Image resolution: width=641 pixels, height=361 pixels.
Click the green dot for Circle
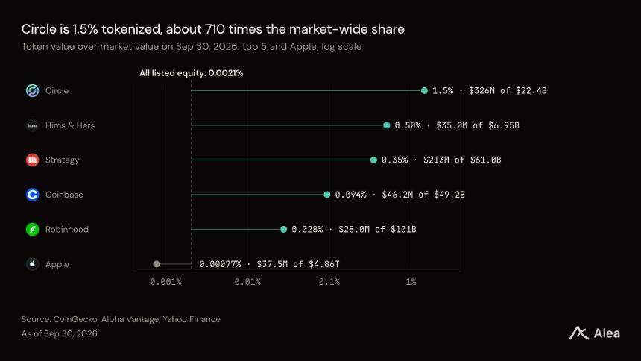(x=424, y=90)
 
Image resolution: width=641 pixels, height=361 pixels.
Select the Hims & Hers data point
(x=387, y=125)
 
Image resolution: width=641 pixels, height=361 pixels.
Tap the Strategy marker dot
(x=373, y=160)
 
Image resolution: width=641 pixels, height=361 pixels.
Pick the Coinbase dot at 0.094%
(x=327, y=195)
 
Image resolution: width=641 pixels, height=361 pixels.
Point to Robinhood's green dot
(x=284, y=229)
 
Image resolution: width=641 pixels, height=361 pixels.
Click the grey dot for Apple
(x=157, y=264)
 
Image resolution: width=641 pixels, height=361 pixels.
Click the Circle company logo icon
(x=32, y=90)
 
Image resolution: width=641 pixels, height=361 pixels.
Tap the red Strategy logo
(x=32, y=160)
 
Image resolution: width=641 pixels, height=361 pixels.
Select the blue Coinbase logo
(x=32, y=195)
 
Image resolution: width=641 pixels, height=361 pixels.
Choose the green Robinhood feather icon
(x=32, y=229)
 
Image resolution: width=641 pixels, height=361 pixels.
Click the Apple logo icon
(x=32, y=264)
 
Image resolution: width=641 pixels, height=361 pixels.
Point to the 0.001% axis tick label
(x=165, y=282)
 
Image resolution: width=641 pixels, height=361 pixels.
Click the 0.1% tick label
(x=329, y=282)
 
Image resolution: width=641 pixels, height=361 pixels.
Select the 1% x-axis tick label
(x=411, y=282)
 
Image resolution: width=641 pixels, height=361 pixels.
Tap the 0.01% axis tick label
(x=247, y=282)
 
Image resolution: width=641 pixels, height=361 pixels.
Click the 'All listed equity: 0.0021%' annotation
(x=192, y=73)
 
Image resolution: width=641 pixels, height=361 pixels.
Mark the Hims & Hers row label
(x=70, y=125)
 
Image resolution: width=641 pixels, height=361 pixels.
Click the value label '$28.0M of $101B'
(x=377, y=229)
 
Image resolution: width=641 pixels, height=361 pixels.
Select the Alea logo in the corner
(x=594, y=333)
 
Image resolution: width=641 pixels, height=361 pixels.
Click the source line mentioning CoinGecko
(x=121, y=319)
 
